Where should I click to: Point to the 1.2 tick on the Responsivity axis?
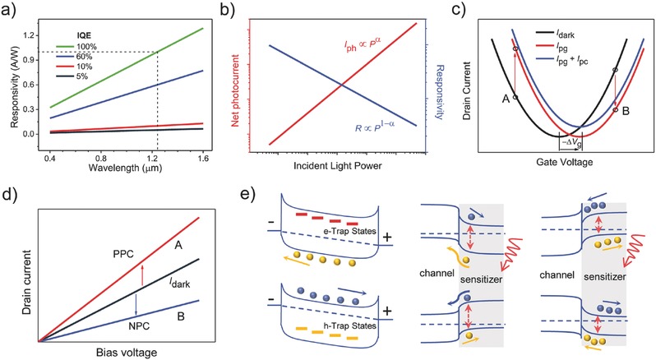click(31, 35)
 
